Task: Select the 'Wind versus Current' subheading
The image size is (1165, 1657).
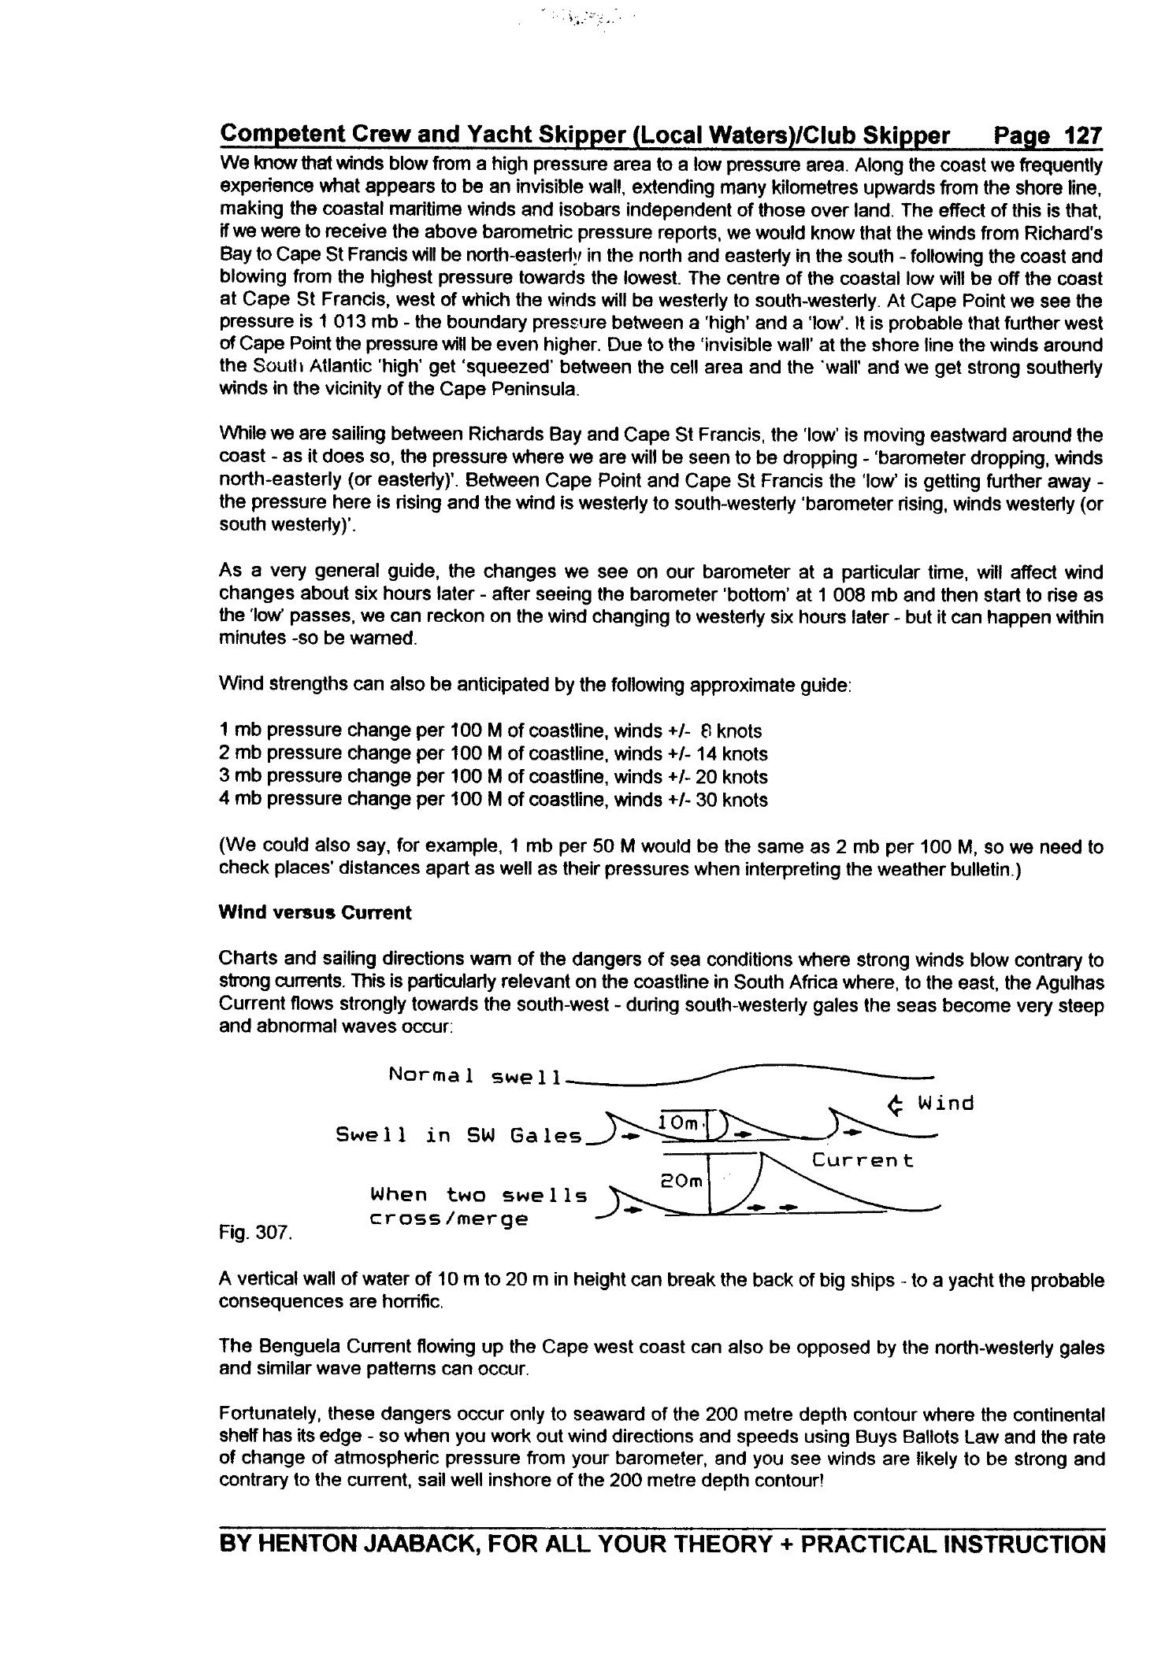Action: point(314,912)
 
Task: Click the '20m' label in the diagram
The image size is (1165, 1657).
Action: point(679,1181)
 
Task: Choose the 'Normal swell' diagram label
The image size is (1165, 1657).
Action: point(474,1075)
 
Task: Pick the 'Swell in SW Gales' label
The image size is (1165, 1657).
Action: point(459,1135)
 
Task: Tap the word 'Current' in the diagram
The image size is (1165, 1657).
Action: point(863,1160)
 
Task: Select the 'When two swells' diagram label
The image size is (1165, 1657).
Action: point(478,1195)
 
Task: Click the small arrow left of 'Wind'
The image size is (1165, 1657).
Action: point(894,1106)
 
